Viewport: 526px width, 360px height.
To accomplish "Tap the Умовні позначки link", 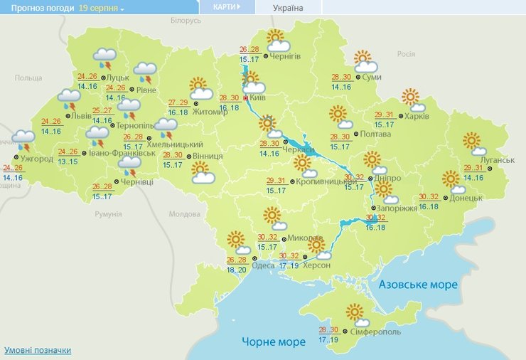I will [x=38, y=351].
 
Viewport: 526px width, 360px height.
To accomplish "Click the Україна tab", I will [x=288, y=8].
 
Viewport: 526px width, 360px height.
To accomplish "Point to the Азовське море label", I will [x=418, y=285].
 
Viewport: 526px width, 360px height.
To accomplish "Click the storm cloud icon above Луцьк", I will [x=105, y=57].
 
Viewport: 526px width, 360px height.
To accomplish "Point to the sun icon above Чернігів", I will [x=275, y=39].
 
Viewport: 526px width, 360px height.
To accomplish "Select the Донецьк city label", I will [x=466, y=198].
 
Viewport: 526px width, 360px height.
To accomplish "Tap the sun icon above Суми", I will [x=363, y=60].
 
